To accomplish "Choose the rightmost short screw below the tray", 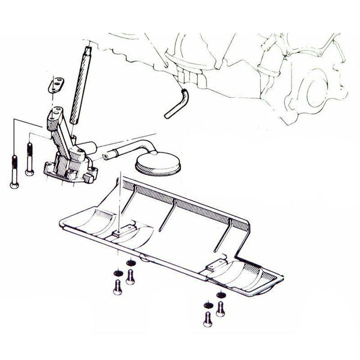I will [x=221, y=308].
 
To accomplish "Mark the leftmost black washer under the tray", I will [x=117, y=274].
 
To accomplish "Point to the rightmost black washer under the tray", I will [x=221, y=294].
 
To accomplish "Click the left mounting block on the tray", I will [x=121, y=234].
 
